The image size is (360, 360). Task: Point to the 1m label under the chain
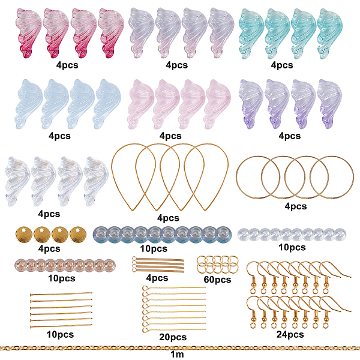[178, 355]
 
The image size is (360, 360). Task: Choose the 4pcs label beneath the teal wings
[281, 65]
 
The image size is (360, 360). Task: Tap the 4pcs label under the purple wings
[290, 136]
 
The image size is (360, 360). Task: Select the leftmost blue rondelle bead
[101, 233]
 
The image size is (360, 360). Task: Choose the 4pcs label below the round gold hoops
[295, 206]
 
